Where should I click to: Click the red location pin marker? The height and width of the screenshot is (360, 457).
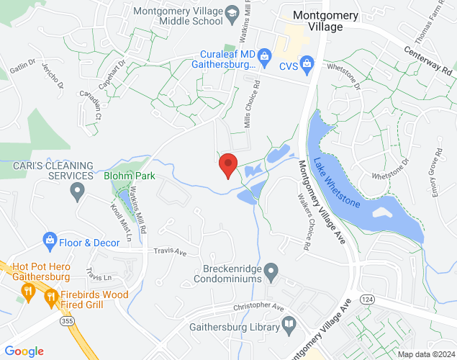point(228,165)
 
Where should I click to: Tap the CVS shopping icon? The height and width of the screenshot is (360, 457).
point(307,65)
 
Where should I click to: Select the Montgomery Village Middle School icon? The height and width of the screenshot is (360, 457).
point(232,13)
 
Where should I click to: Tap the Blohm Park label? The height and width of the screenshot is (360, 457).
point(130,176)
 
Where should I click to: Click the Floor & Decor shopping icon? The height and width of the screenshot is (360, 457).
point(50,239)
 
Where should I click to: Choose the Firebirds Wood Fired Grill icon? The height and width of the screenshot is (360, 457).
point(50,296)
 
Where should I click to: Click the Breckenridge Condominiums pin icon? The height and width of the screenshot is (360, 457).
point(271,272)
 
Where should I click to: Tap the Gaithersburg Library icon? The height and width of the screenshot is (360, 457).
point(289,325)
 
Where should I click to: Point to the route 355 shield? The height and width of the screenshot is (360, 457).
point(66,321)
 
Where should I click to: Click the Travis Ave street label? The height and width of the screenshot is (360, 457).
point(170,253)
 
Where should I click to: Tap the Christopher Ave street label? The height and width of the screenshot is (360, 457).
point(258,307)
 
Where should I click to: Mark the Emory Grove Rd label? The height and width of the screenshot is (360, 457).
point(437,174)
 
